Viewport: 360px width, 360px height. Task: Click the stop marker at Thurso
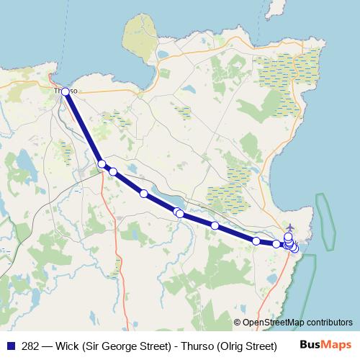coord(66,91)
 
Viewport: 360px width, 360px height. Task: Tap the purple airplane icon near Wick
coord(289,228)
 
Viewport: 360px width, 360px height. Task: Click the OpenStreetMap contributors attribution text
coord(297,323)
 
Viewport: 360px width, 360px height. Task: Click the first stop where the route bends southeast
coord(102,164)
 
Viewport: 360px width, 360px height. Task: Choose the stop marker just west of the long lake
coord(144,193)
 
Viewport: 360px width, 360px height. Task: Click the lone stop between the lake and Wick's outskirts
coord(215,225)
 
